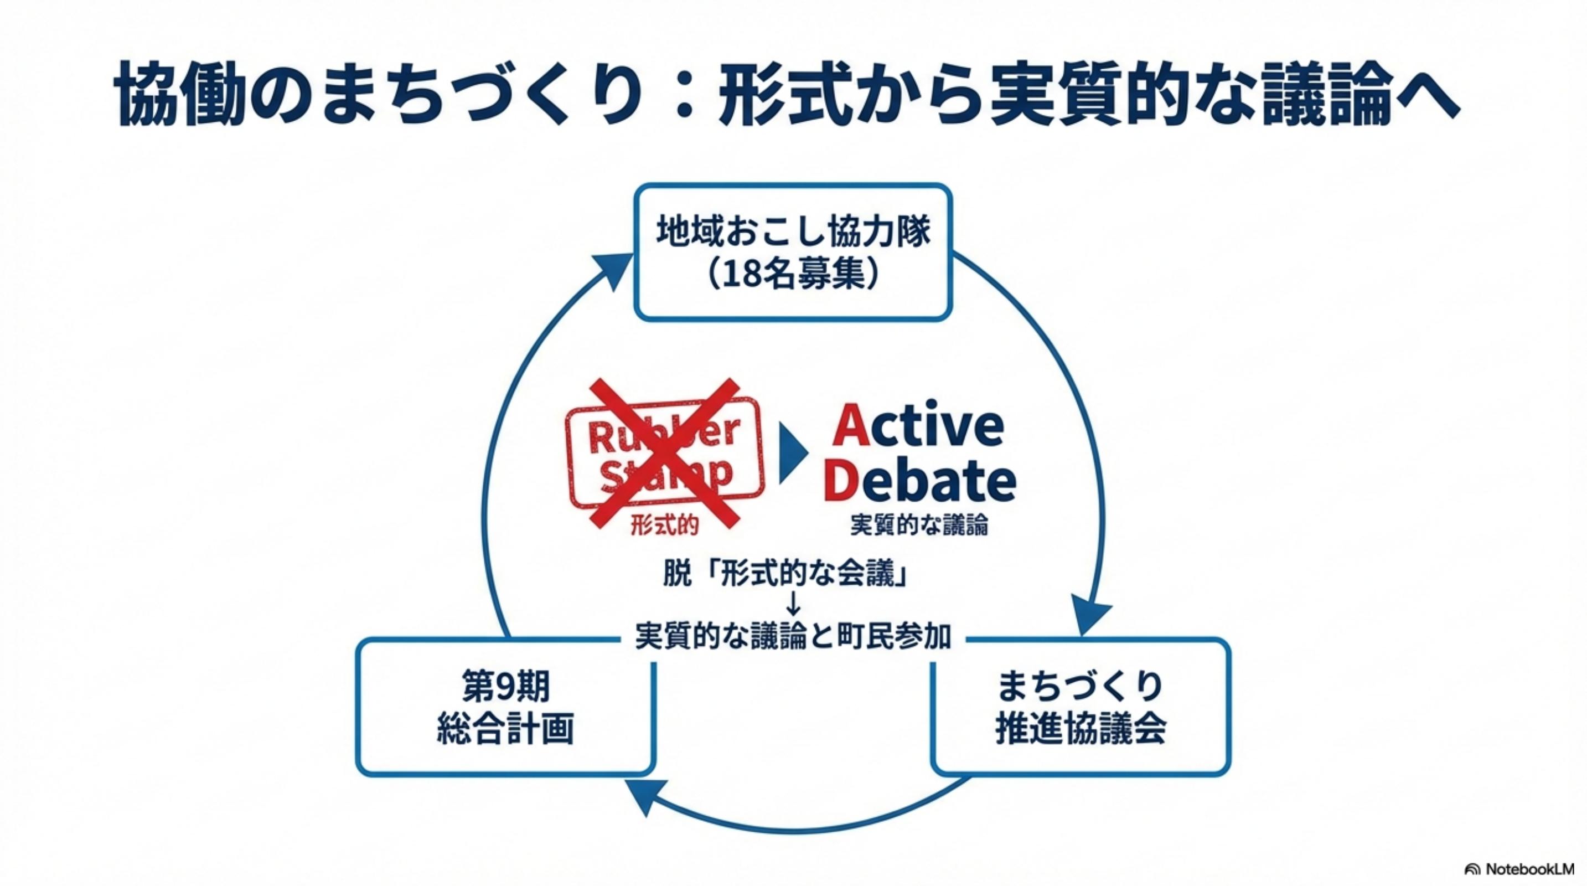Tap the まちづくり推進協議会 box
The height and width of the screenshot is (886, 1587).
[x=1081, y=707]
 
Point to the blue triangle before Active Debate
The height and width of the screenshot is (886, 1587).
[x=792, y=454]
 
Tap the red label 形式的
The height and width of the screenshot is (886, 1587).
[x=664, y=526]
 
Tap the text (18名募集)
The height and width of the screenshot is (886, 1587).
[x=794, y=275]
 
